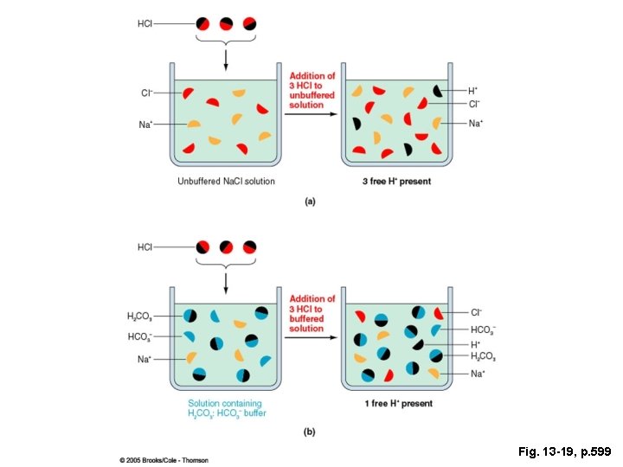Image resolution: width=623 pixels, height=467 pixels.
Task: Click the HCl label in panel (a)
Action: (x=145, y=23)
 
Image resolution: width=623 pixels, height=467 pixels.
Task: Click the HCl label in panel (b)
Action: (x=145, y=247)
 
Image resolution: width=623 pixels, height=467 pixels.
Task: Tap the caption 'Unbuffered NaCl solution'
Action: (x=226, y=182)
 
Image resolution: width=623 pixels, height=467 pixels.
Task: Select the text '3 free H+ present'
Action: (x=396, y=182)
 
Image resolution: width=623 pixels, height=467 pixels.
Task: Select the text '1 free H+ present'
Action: (x=396, y=404)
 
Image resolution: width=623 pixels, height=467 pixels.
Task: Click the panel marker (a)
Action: (x=310, y=202)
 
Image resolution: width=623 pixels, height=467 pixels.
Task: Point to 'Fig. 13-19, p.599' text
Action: (x=565, y=451)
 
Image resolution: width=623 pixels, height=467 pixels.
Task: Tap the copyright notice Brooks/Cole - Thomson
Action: (x=164, y=459)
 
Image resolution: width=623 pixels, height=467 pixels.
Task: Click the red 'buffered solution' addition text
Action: (x=311, y=314)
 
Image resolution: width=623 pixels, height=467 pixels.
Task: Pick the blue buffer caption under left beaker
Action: (x=226, y=408)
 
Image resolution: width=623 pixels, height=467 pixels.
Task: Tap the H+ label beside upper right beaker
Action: (x=472, y=90)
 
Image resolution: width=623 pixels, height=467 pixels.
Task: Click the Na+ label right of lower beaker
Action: (x=477, y=374)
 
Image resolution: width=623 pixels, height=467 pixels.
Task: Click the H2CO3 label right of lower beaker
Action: (x=483, y=356)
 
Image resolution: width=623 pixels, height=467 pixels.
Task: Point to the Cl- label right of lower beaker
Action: (x=476, y=312)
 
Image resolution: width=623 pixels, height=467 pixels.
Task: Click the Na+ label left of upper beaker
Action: (x=145, y=125)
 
